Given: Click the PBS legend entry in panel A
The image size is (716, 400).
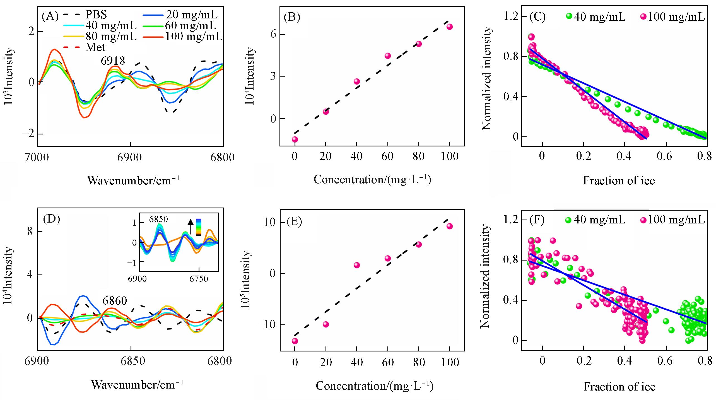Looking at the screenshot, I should click(96, 14).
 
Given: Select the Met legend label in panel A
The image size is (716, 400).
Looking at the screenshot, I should click(95, 47).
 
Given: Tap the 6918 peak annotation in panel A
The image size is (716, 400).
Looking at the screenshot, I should click(113, 61).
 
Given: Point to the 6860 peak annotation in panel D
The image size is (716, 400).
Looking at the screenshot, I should click(115, 301).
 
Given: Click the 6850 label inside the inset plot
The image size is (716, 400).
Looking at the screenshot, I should click(158, 219).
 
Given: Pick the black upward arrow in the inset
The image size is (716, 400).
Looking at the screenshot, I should click(191, 226).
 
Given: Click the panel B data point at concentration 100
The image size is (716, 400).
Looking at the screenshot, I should click(450, 27).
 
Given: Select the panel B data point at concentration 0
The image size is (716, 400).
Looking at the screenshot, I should click(295, 139).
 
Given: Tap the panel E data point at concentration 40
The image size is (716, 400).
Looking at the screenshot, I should click(357, 265).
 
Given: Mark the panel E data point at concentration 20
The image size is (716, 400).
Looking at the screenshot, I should click(326, 324).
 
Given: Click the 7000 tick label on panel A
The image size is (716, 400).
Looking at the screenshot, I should click(37, 158).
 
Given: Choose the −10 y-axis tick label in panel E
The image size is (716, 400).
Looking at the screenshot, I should click(266, 325).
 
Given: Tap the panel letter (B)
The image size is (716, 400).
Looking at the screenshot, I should click(292, 17).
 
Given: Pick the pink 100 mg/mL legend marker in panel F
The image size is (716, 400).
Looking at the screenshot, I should click(643, 220).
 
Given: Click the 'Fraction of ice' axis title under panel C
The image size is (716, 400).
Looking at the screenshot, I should click(619, 181).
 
